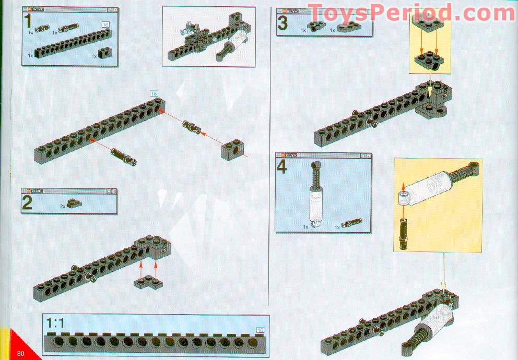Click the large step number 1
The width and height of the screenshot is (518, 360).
30,23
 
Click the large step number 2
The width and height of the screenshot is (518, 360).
27,202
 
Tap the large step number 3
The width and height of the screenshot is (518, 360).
282,23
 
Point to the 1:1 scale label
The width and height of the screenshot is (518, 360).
55,323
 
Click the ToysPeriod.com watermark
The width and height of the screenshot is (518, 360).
411,12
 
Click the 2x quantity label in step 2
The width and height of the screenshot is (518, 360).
63,207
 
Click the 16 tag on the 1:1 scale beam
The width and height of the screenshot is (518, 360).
260,330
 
